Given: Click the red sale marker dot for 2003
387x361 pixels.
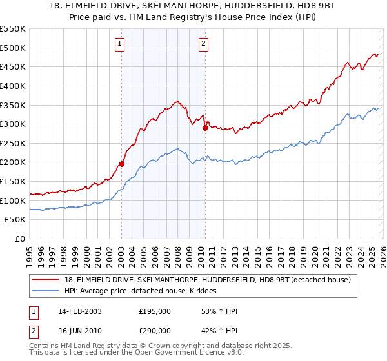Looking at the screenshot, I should click(x=121, y=164).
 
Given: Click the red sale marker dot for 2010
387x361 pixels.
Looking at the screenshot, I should click(x=205, y=128).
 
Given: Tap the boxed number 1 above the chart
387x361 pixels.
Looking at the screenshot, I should click(x=121, y=44).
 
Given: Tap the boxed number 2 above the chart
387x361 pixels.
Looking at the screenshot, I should click(x=204, y=44).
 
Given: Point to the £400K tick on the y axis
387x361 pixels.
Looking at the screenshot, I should click(x=13, y=86).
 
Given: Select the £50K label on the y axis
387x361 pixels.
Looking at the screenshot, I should click(x=15, y=220).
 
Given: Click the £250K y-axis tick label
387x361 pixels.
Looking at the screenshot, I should click(x=13, y=143).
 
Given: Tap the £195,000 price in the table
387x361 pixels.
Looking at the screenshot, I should click(x=155, y=311).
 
